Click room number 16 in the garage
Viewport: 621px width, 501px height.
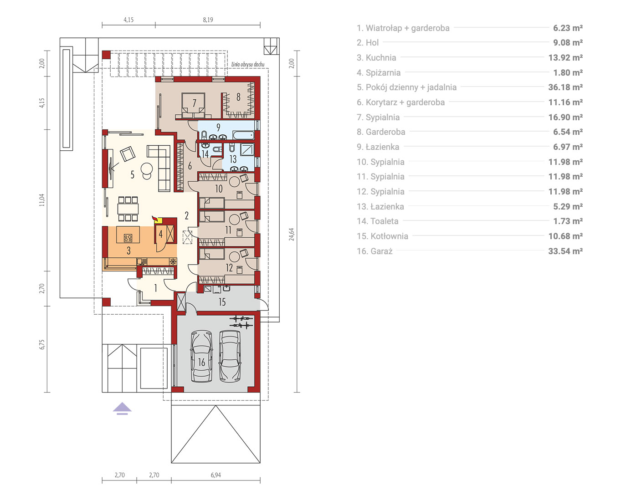[x=201, y=362]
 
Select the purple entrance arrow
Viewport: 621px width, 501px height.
[x=122, y=409]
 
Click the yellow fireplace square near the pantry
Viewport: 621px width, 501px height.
[x=158, y=220]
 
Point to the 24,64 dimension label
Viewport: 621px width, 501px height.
[x=291, y=234]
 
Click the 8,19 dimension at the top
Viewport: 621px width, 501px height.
[x=208, y=20]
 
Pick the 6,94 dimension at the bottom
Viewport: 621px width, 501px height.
[x=216, y=475]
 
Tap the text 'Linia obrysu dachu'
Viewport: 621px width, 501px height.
[x=248, y=64]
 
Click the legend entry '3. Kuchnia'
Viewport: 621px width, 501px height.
[x=376, y=57]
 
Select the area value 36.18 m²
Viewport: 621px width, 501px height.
[x=565, y=87]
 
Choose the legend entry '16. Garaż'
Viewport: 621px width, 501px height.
[x=375, y=251]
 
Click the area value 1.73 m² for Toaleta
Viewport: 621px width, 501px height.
[x=568, y=221]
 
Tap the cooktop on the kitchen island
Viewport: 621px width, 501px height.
[x=128, y=238]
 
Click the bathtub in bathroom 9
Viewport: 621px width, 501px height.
[x=243, y=135]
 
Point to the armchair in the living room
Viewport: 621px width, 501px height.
[x=128, y=153]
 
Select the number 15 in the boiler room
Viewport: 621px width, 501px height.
[x=222, y=302]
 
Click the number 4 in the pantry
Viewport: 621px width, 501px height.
[x=160, y=234]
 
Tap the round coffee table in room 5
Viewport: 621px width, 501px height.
[x=146, y=168]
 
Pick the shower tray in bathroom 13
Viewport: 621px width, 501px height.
[x=247, y=149]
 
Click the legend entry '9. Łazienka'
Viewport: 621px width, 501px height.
[x=378, y=147]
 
